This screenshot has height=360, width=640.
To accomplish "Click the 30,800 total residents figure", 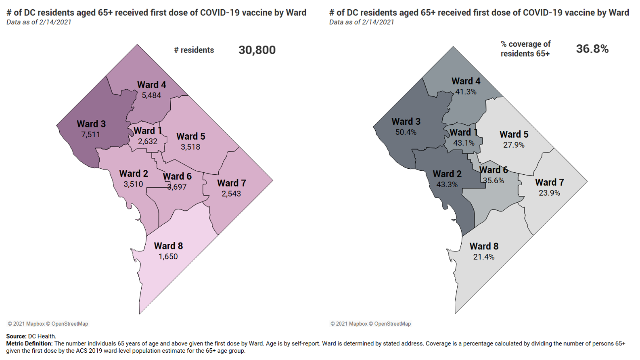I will click(x=257, y=50).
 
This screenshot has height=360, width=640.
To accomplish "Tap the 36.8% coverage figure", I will click(x=592, y=49).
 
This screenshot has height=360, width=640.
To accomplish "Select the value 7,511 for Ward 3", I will click(x=91, y=134).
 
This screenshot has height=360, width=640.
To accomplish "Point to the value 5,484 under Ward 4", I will click(x=151, y=95).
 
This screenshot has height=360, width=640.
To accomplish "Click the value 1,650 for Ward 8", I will click(x=168, y=256).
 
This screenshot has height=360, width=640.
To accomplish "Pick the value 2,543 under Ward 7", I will click(x=231, y=194).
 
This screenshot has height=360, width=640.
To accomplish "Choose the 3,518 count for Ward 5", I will click(x=190, y=147).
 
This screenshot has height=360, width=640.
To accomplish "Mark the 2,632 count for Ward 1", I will click(x=148, y=141).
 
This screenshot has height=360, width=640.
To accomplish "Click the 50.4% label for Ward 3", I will click(x=406, y=132).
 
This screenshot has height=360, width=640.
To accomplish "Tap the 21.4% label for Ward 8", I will click(x=484, y=257).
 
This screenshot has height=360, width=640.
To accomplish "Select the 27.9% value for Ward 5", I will click(x=514, y=145).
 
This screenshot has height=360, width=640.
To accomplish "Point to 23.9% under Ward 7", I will click(x=549, y=193).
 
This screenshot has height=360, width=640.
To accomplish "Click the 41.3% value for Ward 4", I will click(x=466, y=92).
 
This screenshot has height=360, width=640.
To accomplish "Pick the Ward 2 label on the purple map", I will click(x=134, y=174).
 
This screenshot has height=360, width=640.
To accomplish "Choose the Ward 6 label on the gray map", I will click(x=494, y=170).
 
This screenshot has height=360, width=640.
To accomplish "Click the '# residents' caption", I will click(x=194, y=50).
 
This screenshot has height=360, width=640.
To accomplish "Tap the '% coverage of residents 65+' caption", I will click(x=525, y=49).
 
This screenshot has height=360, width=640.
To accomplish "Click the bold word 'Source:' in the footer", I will click(x=17, y=336).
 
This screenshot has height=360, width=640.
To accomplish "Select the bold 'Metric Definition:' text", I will click(x=29, y=343).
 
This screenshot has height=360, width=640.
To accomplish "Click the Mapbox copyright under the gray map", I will click(x=349, y=324).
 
